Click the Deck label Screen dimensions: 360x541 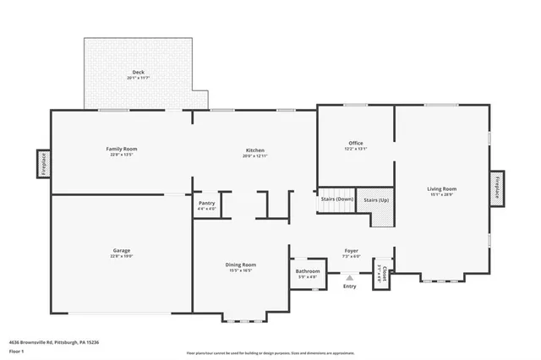(x=138, y=73)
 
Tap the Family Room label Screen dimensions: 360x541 (x=122, y=149)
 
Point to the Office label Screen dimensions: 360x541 (x=356, y=143)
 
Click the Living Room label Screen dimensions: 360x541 (x=441, y=188)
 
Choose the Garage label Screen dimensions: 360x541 (x=122, y=250)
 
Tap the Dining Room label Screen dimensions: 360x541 (x=241, y=265)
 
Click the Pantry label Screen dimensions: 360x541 (x=206, y=204)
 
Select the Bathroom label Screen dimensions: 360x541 (x=307, y=271)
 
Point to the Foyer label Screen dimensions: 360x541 (x=351, y=250)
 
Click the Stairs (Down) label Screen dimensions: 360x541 (x=336, y=199)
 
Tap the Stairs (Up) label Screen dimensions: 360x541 (x=376, y=199)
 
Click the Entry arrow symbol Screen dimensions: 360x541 (x=350, y=276)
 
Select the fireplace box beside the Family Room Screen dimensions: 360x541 (x=43, y=164)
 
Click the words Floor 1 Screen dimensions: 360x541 (x=17, y=351)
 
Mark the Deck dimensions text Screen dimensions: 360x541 (x=138, y=78)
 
